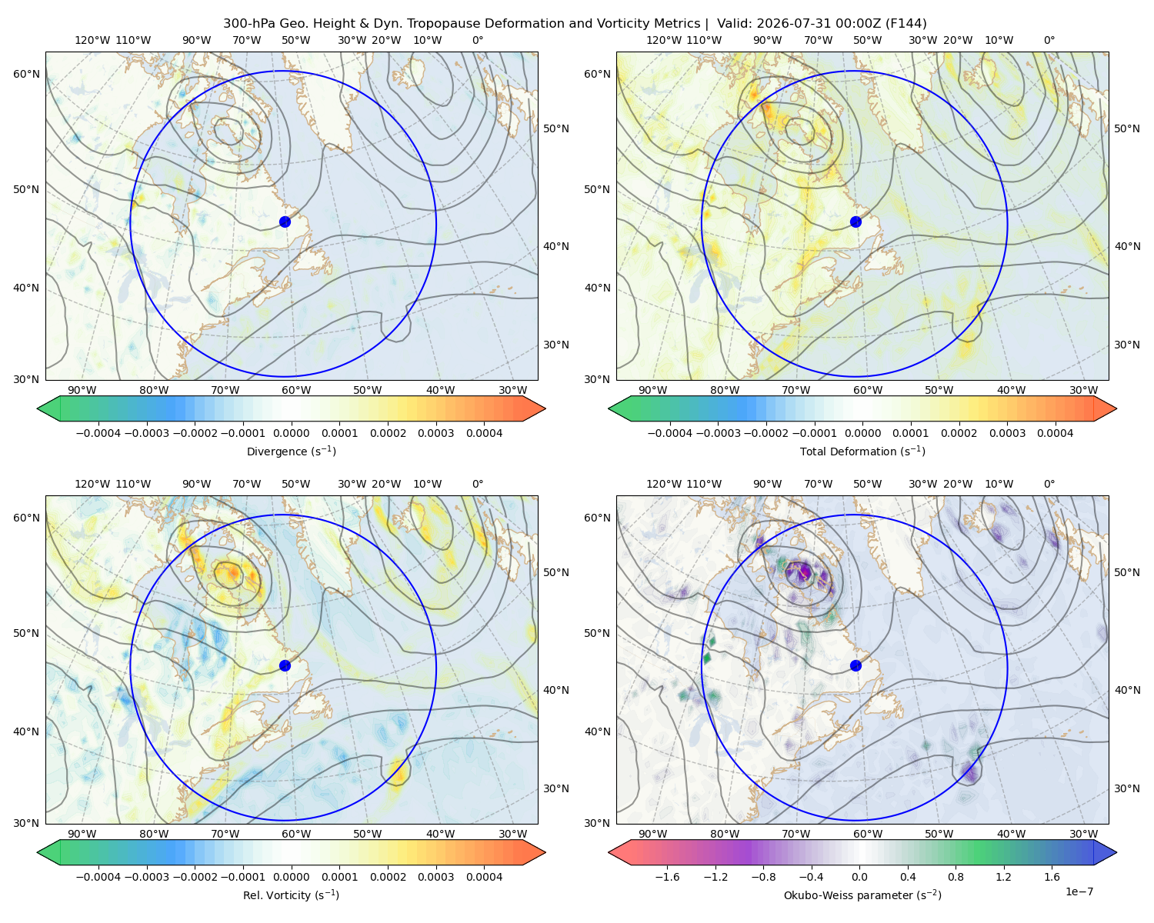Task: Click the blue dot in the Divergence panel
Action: pos(285,222)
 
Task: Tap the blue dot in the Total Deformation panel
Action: pos(855,222)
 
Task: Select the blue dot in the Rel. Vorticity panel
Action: pos(285,665)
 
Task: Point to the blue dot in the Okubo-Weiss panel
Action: pos(855,665)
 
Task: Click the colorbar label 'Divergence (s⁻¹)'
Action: pos(291,451)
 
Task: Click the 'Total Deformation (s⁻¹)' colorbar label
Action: pos(862,451)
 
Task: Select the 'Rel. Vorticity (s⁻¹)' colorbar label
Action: pos(291,895)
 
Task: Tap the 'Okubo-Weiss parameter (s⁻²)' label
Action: pos(862,895)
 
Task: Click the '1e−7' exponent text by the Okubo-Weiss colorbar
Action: pos(1079,891)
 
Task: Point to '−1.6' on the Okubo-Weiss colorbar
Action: pos(667,877)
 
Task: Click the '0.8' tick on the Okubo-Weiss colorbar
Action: pos(956,877)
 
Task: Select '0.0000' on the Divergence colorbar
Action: pos(291,433)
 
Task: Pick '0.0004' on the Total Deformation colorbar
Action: pos(1055,433)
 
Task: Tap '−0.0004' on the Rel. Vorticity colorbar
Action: pos(98,877)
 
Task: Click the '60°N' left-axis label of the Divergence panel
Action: pos(26,74)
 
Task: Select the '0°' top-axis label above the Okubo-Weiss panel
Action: pos(1049,484)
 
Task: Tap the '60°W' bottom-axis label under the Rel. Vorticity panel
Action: pos(296,834)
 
